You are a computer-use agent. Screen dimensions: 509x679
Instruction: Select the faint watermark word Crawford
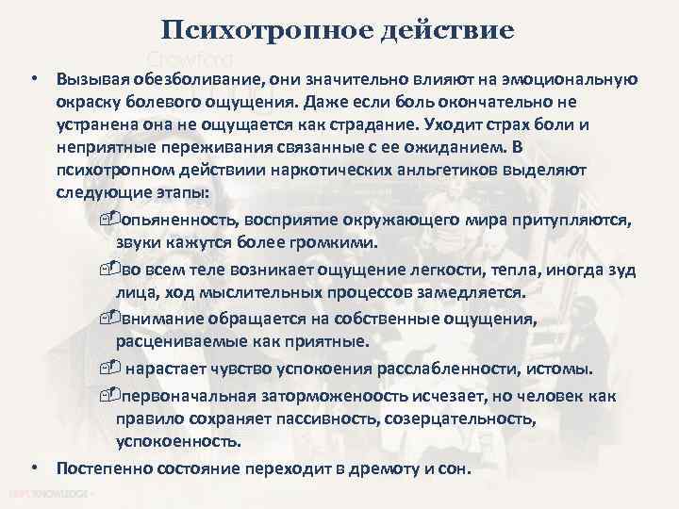(189, 56)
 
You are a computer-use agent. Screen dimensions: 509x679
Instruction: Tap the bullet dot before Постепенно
(34, 467)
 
